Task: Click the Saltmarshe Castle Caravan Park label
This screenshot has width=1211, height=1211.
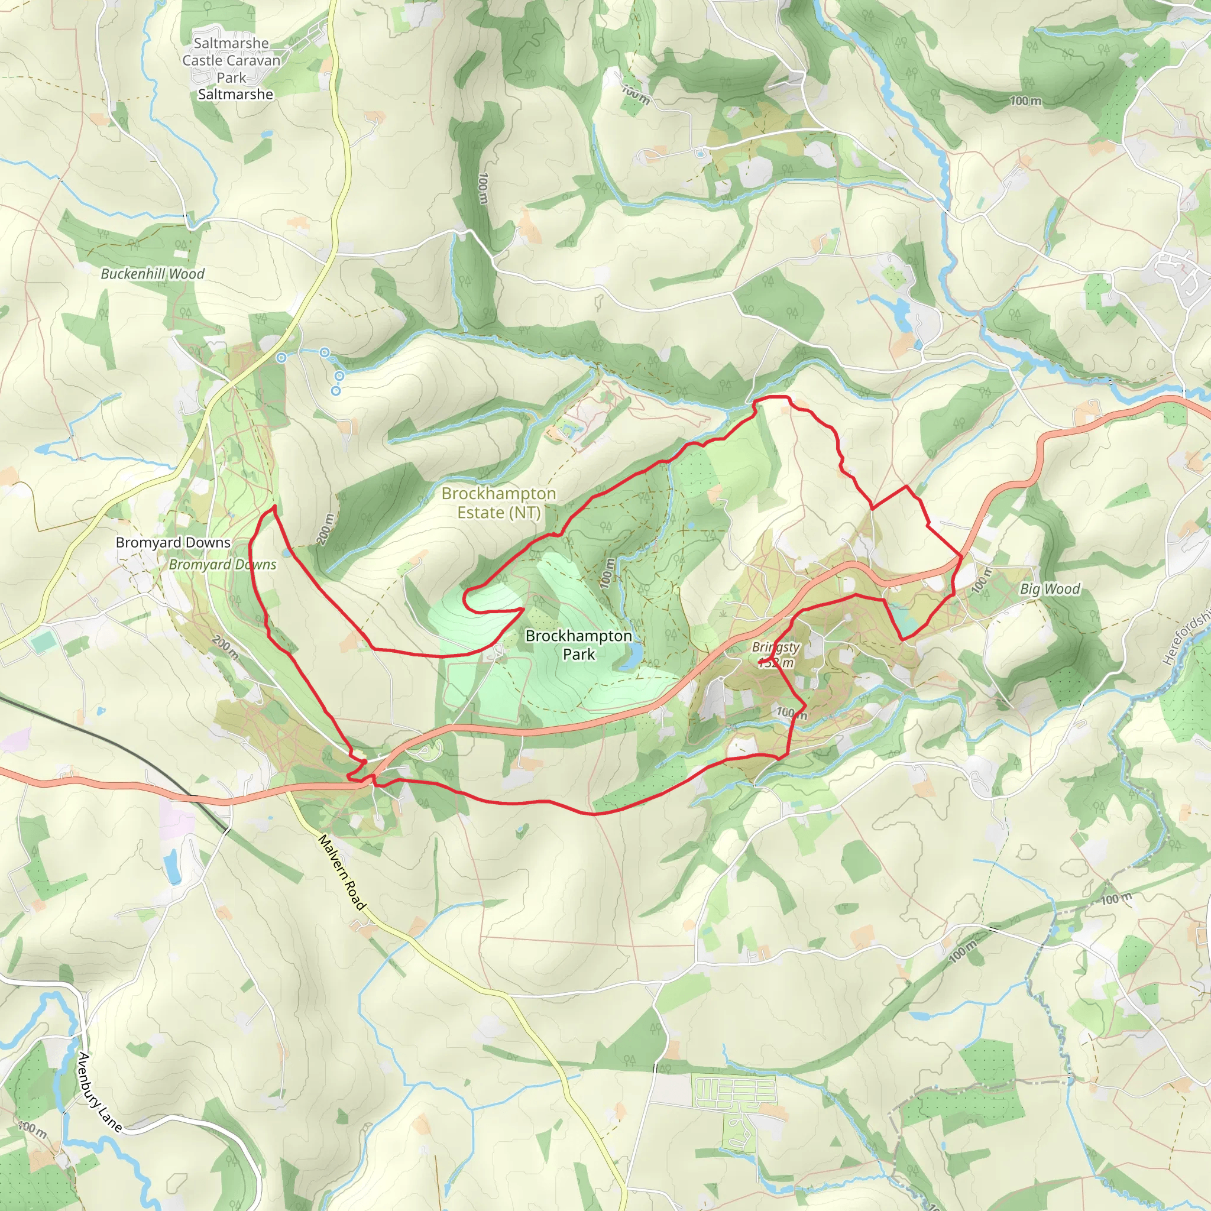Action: pos(231,61)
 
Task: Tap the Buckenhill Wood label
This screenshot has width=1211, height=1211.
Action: pos(153,274)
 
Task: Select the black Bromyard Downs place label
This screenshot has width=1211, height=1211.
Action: pos(173,542)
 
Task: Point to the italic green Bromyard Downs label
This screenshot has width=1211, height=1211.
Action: pos(222,564)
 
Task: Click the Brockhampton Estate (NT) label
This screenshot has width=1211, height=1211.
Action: pos(498,503)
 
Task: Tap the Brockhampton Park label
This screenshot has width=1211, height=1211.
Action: pos(578,645)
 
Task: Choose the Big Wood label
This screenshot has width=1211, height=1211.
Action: pos(1050,588)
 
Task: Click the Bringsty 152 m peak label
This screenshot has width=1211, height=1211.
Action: pos(776,655)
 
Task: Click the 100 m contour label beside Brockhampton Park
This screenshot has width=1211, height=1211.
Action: pos(607,573)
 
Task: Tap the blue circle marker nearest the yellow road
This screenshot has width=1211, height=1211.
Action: pos(282,358)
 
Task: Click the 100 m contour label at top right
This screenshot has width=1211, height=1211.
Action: pos(1025,101)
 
